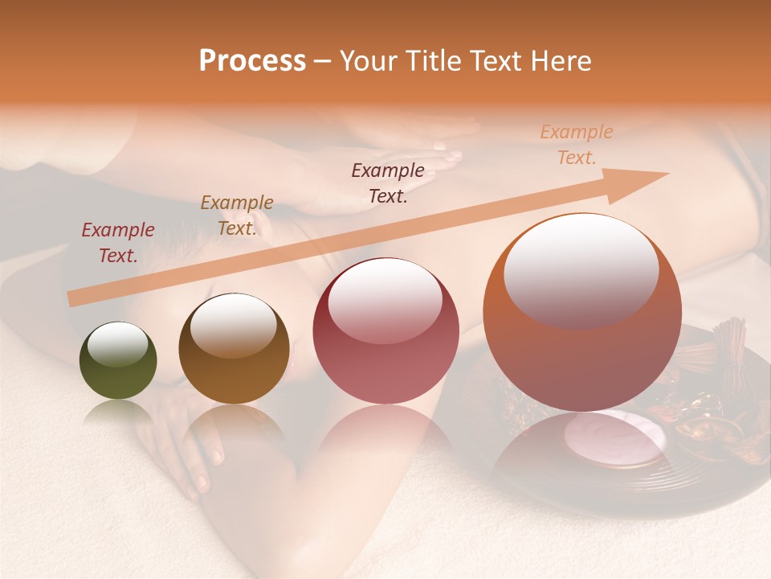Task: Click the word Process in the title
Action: [252, 61]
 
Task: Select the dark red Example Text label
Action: [118, 243]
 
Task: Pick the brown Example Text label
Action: [237, 216]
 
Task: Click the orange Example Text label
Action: [576, 145]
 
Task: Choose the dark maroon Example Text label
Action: [388, 183]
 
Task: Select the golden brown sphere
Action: [234, 348]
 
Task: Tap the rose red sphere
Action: [385, 331]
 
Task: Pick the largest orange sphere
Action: [581, 313]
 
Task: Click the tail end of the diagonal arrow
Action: [74, 299]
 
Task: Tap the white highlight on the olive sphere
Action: [118, 344]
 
